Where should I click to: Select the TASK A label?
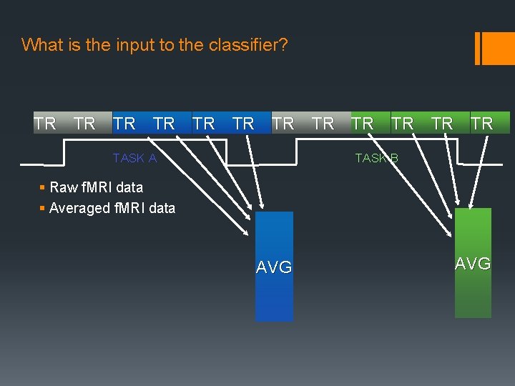(134, 158)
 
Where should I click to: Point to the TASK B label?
(376, 158)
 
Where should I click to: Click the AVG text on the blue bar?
(274, 267)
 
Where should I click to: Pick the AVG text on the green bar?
(473, 264)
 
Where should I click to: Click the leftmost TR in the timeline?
(44, 124)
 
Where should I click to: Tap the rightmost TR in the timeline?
(481, 124)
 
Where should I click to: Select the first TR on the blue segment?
(124, 124)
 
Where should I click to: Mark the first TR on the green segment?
(362, 124)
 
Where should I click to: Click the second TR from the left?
(84, 124)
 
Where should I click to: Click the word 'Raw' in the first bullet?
(64, 187)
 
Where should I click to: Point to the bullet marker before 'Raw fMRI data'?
(43, 188)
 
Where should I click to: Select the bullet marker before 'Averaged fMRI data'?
(43, 209)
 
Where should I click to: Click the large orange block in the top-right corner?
(499, 48)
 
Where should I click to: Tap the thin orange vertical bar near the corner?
(478, 48)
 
